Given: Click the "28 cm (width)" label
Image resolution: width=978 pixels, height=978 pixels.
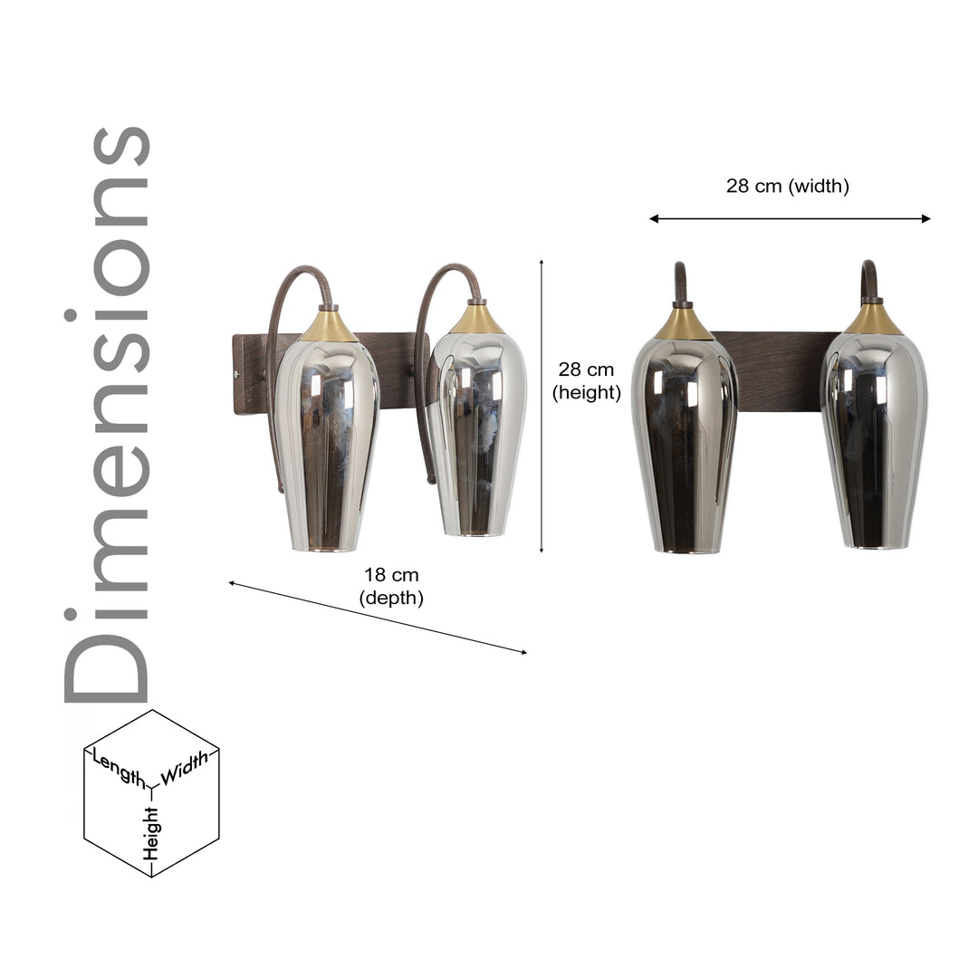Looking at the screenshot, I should pos(787,187).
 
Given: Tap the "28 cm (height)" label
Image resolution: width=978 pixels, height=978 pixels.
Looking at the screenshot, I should pos(586,380).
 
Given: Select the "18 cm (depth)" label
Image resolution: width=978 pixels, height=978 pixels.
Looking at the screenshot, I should pos(391,586).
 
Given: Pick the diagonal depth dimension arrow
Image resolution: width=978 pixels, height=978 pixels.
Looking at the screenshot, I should pos(377,618).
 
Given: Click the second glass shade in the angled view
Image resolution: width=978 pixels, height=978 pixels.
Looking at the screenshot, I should pos(476,435).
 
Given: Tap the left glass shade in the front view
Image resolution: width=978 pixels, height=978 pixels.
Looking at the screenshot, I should pos(685,444).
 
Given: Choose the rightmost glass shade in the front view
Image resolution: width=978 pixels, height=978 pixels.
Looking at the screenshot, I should pos(875,439).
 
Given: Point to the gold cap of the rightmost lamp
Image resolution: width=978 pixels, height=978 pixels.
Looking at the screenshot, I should pos(874,318).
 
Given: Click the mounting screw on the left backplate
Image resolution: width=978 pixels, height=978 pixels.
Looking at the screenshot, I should pos(238,371).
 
